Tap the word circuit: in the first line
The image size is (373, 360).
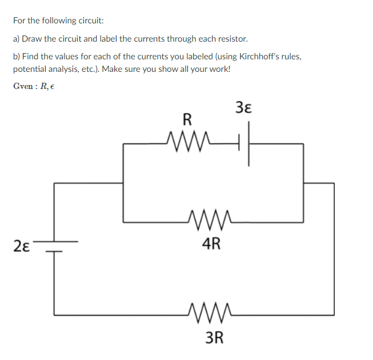coord(89,21)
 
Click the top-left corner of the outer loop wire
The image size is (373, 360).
coord(55,183)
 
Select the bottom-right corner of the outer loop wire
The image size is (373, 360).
coord(334,314)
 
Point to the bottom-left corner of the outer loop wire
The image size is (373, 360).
coord(55,314)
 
